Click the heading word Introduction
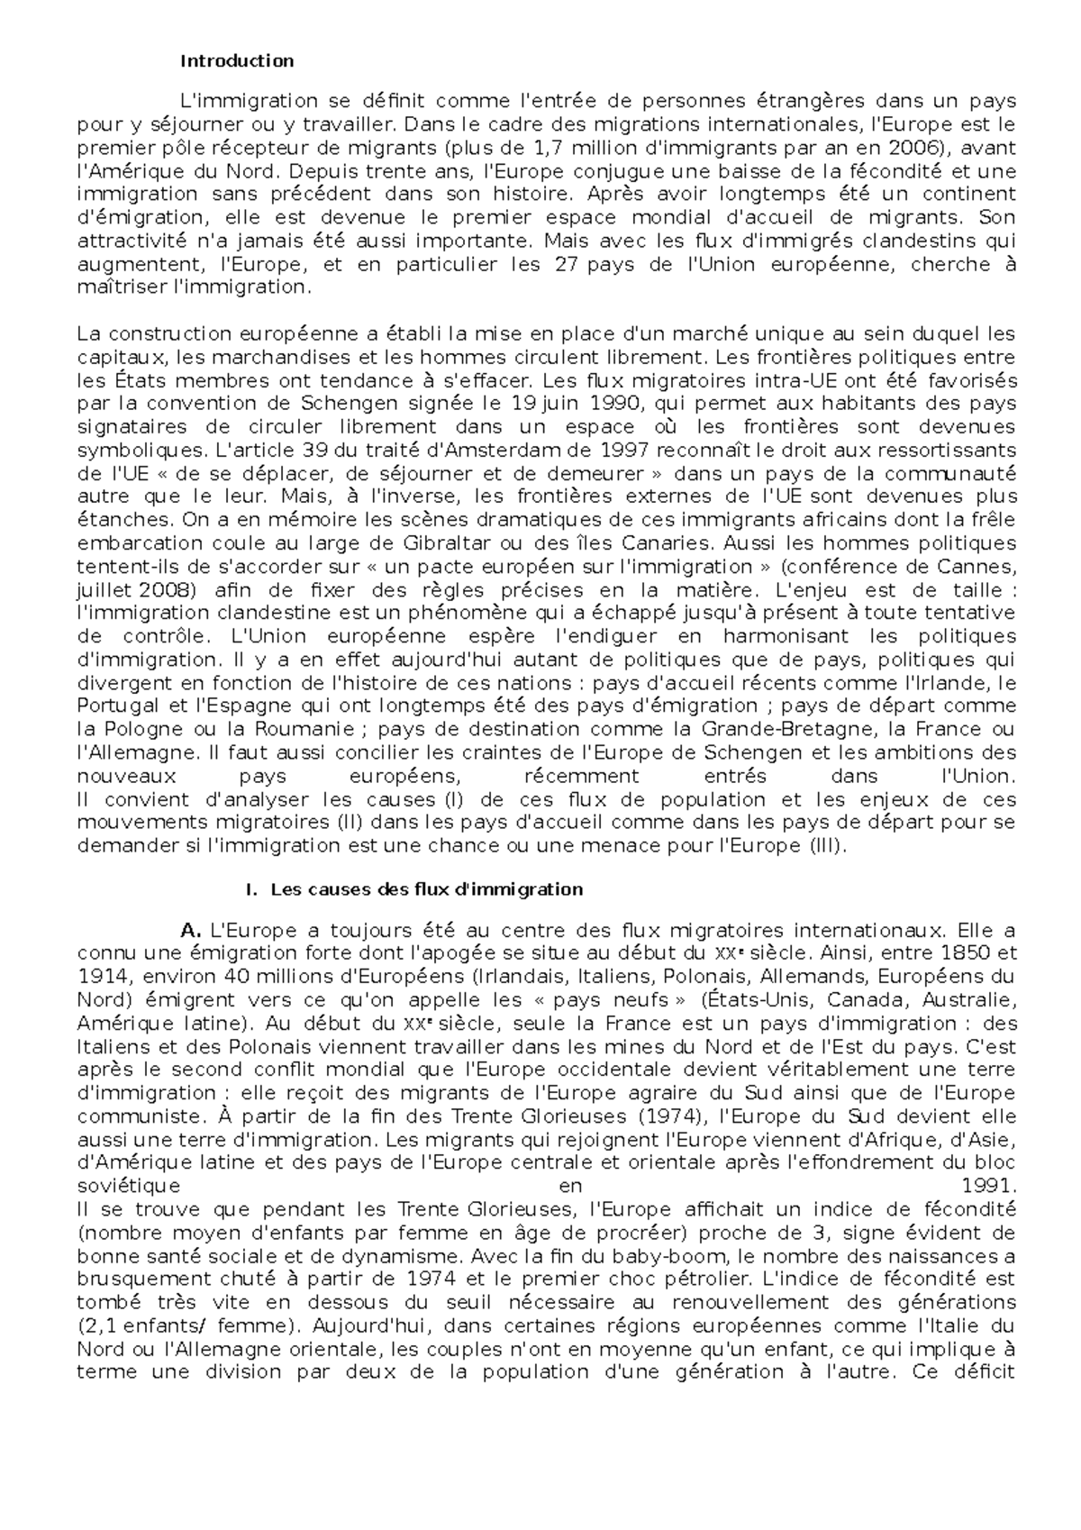click(x=237, y=62)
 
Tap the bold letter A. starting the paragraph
click(x=189, y=930)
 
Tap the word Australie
click(x=974, y=1000)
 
